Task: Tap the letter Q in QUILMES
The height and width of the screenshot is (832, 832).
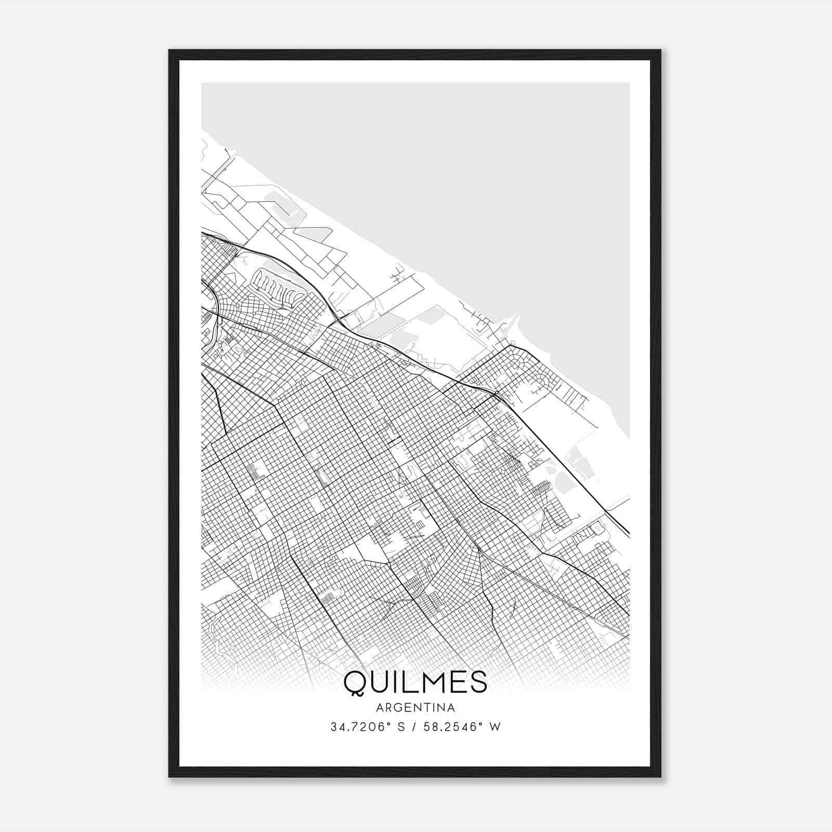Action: coord(355,682)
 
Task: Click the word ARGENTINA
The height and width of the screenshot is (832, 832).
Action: coord(415,707)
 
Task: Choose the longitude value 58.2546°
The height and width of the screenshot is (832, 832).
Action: coord(451,726)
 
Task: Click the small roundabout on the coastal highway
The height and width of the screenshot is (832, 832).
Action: coord(496,394)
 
